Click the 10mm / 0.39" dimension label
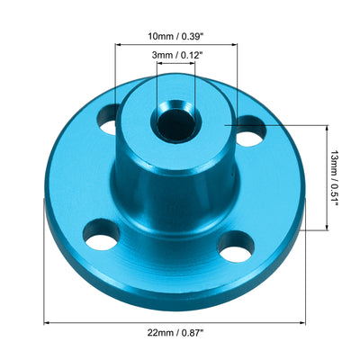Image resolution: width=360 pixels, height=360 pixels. pos(176,39)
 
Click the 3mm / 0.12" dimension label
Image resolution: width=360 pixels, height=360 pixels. pos(176,56)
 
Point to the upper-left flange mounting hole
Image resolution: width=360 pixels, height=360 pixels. pos(110,117)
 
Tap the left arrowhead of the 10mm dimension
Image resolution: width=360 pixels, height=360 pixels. pos(120,46)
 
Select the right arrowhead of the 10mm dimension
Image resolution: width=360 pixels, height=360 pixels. pos(233,46)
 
